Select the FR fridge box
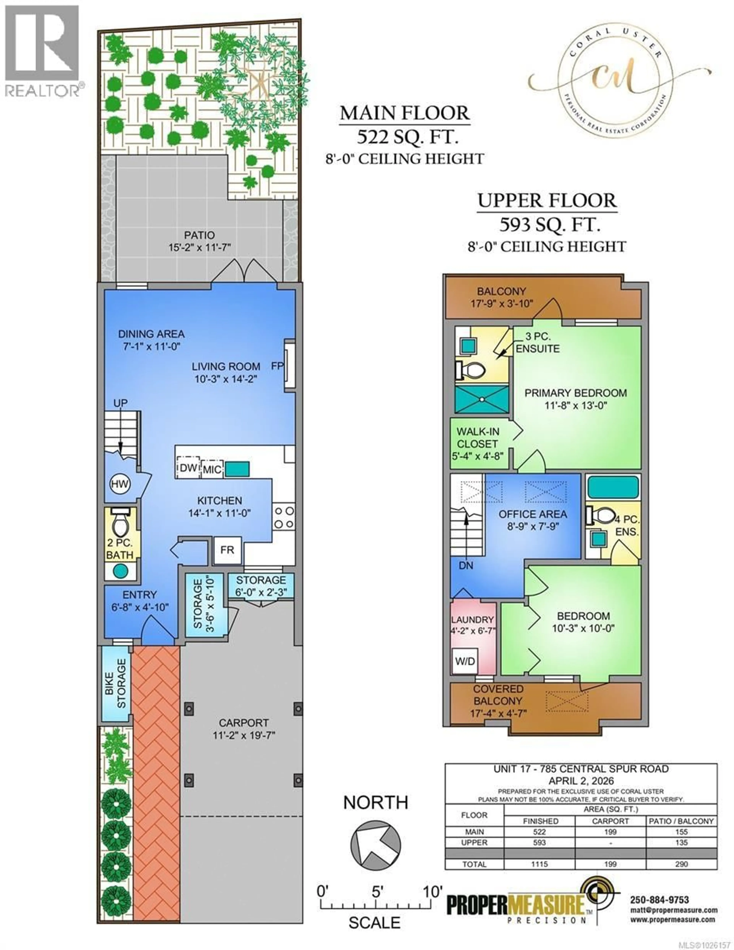click(227, 550)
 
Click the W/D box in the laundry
click(465, 661)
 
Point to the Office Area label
click(533, 514)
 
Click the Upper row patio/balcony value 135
click(681, 843)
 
